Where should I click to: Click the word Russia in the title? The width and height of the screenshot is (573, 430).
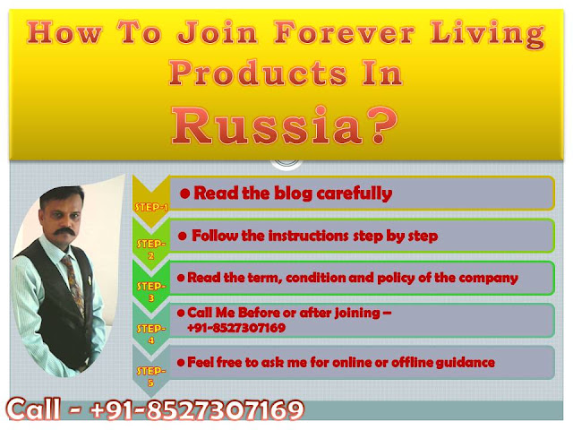pyautogui.click(x=267, y=126)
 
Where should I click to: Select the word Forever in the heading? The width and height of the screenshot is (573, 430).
pyautogui.click(x=344, y=32)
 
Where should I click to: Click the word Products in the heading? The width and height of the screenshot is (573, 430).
pyautogui.click(x=258, y=73)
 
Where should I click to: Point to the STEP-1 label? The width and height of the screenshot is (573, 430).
pyautogui.click(x=151, y=207)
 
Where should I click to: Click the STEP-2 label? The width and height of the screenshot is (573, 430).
pyautogui.click(x=151, y=249)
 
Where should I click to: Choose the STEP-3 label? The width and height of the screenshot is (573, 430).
pyautogui.click(x=151, y=291)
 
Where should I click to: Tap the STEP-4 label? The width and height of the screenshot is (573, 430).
pyautogui.click(x=151, y=334)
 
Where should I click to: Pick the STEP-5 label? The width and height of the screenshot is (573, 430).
pyautogui.click(x=151, y=376)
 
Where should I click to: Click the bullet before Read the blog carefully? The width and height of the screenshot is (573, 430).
pyautogui.click(x=185, y=193)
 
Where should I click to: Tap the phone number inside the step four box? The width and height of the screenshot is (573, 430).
pyautogui.click(x=236, y=327)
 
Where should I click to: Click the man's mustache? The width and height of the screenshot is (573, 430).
pyautogui.click(x=64, y=232)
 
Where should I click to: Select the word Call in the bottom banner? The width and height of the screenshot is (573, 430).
pyautogui.click(x=34, y=408)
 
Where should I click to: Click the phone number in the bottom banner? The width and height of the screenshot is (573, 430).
pyautogui.click(x=197, y=409)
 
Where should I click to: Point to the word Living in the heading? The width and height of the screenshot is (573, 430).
pyautogui.click(x=487, y=34)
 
